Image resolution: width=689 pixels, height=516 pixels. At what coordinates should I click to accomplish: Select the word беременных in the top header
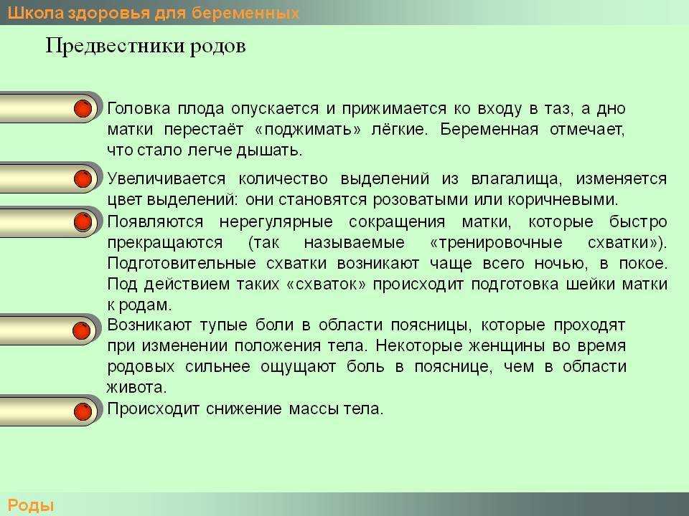point(245,13)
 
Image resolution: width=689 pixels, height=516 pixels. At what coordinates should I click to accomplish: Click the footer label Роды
point(30,505)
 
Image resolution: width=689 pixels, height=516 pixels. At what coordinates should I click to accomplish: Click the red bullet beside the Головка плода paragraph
point(83,108)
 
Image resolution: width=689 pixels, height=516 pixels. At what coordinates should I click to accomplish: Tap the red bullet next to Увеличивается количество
point(83,179)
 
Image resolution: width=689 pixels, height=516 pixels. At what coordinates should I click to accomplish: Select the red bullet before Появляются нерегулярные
point(83,222)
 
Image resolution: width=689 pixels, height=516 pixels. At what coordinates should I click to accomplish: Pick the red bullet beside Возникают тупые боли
point(82,331)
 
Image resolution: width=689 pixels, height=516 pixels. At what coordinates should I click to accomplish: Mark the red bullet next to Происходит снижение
point(83,412)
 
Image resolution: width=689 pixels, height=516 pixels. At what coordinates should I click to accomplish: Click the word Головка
point(139,108)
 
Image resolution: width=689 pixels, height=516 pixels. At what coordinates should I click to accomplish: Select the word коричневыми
point(563,200)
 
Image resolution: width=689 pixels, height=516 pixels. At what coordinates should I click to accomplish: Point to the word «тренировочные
point(496,243)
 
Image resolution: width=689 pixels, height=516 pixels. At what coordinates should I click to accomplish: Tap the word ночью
point(561,263)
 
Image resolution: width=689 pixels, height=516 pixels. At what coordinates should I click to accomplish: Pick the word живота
point(136,388)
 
